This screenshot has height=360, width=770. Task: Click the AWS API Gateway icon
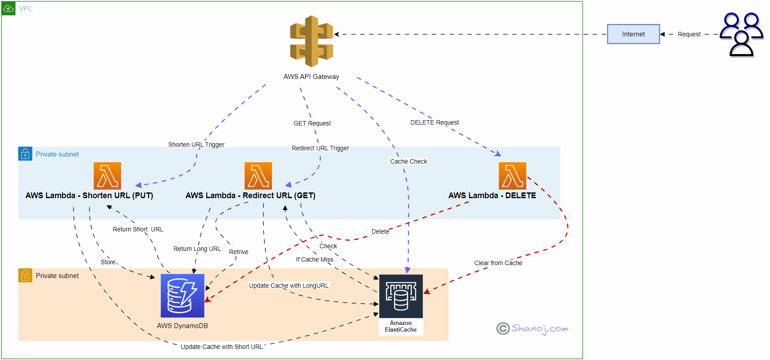pos(311,41)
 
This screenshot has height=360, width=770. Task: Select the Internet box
pos(633,34)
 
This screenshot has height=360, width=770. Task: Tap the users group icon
pos(741,35)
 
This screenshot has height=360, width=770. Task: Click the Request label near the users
pos(689,34)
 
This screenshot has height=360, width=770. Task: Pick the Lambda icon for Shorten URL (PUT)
pos(107,176)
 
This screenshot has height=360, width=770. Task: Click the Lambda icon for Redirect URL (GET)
pos(258,176)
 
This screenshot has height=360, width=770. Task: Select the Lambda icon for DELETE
pos(512,176)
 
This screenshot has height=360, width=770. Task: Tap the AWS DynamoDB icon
pos(182,296)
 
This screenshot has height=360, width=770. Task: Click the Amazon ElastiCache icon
pos(401,296)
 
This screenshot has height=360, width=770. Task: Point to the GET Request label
pos(312,123)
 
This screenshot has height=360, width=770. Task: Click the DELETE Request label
pos(434,122)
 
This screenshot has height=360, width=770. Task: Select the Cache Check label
pos(409,161)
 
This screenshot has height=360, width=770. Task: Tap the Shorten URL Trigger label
pos(196,145)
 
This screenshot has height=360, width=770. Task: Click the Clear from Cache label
pos(498,263)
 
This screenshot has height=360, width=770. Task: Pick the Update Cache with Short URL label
pos(222,347)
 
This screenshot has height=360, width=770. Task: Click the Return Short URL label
pos(137,229)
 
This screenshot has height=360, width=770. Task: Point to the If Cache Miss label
pos(314,259)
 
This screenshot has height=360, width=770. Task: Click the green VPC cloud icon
pos(8,8)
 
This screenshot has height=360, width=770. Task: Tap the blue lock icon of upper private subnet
pos(25,154)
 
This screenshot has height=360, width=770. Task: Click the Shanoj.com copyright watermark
pos(532,329)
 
